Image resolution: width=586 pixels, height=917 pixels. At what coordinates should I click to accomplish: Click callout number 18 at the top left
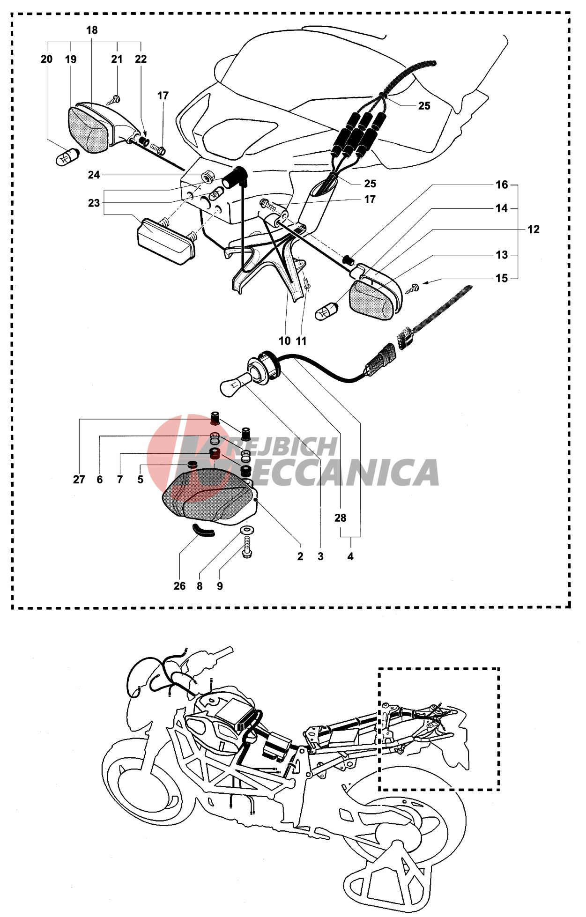coord(92,30)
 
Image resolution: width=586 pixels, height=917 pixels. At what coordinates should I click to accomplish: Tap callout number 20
coord(47,59)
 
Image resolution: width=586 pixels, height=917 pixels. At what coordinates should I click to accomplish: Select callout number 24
coord(94,175)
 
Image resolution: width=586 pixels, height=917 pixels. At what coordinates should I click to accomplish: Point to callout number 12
coord(534,229)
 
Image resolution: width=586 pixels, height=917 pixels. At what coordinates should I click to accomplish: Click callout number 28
coord(341,518)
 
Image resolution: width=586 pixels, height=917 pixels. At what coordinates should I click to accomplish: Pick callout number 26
coord(179,586)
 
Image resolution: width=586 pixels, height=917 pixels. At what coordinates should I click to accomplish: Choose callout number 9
coord(220,586)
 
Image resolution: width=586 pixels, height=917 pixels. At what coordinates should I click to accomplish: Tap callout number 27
coord(79,480)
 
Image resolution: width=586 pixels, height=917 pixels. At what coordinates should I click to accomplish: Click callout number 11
coord(302,341)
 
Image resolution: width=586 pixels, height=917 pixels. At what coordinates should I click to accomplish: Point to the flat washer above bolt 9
coord(247,530)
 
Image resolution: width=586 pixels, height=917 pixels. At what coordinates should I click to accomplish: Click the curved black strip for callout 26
coord(203,530)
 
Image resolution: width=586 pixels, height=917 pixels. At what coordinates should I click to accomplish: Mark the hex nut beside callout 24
coord(207,177)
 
